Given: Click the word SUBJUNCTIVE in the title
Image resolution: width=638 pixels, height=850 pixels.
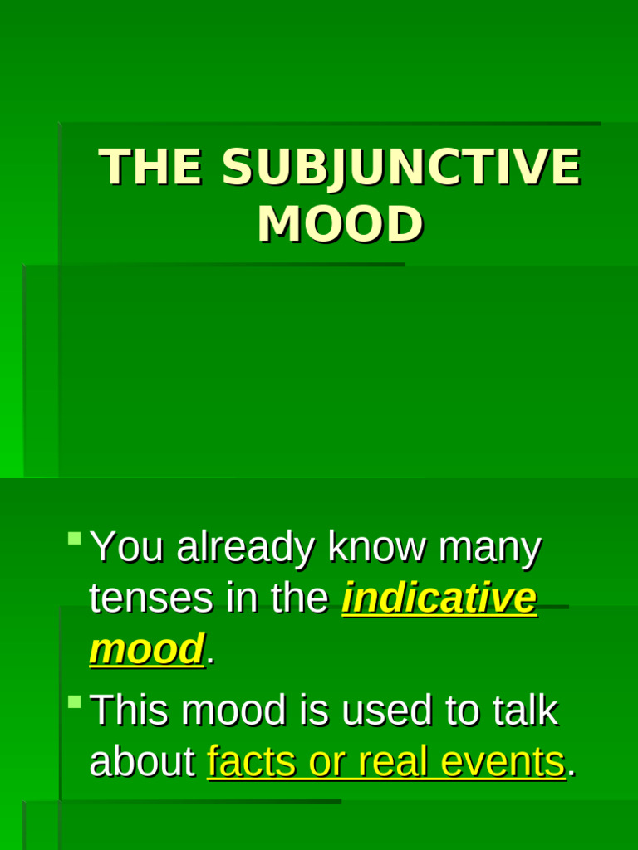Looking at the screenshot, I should pyautogui.click(x=400, y=168).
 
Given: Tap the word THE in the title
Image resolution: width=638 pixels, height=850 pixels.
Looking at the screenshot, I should pyautogui.click(x=150, y=168).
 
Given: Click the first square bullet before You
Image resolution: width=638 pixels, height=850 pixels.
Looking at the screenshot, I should pyautogui.click(x=75, y=539).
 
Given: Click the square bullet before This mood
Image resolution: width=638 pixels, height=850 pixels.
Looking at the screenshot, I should pyautogui.click(x=75, y=702).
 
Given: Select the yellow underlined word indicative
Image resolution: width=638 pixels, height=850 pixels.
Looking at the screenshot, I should pyautogui.click(x=439, y=598).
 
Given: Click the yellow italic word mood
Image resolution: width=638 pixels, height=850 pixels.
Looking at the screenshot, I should pyautogui.click(x=146, y=649).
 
